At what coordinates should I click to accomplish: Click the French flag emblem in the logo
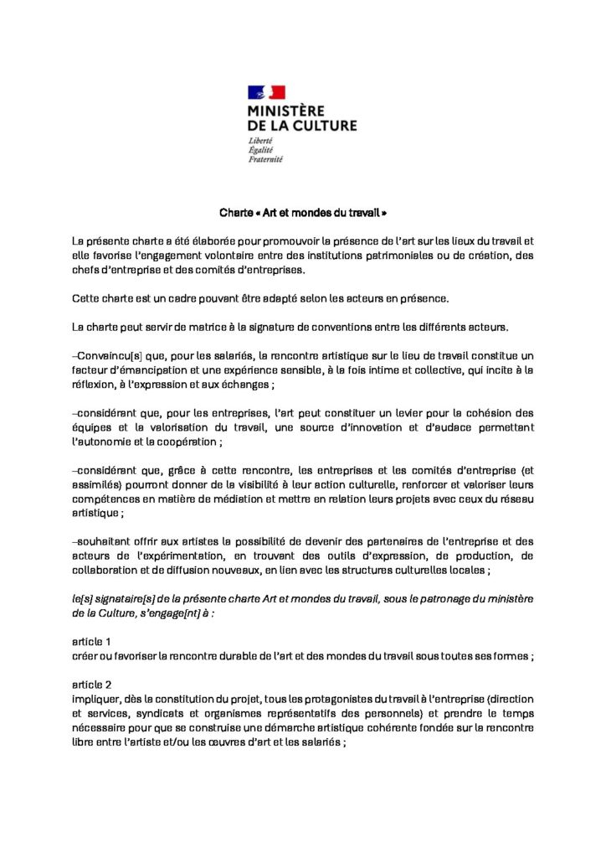(x=266, y=92)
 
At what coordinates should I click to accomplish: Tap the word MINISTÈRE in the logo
(x=286, y=110)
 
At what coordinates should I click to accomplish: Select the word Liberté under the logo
(x=260, y=140)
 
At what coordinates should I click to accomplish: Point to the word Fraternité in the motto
(x=265, y=158)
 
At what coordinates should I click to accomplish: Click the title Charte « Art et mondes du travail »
(x=303, y=213)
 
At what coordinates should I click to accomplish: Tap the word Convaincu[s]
(x=100, y=355)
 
